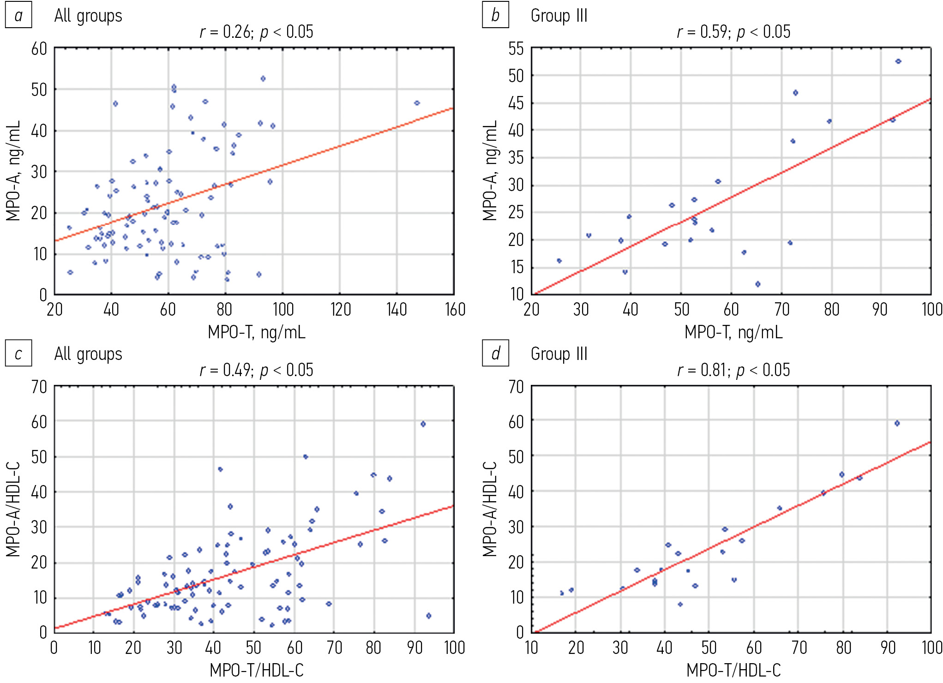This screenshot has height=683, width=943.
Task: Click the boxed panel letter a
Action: tap(18, 16)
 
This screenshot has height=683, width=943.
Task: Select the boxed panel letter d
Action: tap(495, 353)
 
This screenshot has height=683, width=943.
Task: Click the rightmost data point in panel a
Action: tap(417, 103)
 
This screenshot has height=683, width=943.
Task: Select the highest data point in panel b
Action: tap(898, 61)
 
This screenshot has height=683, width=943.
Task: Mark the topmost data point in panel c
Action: tap(423, 424)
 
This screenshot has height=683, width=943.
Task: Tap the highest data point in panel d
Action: tap(897, 423)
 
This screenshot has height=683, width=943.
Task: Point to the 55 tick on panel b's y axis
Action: tap(516, 49)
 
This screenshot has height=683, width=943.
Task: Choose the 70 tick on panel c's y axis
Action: tap(39, 387)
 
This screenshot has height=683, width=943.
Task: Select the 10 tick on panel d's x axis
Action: tap(531, 648)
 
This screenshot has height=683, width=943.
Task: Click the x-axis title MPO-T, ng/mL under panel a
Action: tap(256, 332)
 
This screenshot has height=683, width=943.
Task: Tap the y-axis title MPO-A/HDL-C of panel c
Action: tap(13, 509)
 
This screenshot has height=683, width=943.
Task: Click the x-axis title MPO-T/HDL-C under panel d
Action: tap(733, 670)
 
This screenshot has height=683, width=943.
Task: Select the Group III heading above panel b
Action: tap(559, 16)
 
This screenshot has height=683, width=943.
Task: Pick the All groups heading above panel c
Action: tap(88, 354)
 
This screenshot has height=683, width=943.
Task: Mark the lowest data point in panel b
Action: tap(757, 284)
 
